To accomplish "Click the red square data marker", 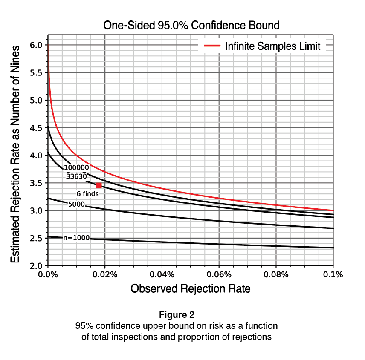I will click(x=99, y=185).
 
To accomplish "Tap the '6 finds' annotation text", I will click(x=88, y=194).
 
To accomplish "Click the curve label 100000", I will click(x=76, y=168).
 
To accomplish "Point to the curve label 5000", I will click(x=76, y=204).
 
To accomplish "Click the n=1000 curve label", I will click(x=76, y=238).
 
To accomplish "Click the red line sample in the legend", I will click(x=212, y=46).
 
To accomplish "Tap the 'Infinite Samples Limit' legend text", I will click(x=273, y=46).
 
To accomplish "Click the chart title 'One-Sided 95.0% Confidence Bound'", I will click(x=191, y=26).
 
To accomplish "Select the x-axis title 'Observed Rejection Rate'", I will click(x=190, y=289).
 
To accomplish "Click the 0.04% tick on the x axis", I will click(x=162, y=275).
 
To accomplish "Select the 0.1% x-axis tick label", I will click(x=333, y=275).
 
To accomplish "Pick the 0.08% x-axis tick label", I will click(x=276, y=275).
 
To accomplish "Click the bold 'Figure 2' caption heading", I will click(x=177, y=315).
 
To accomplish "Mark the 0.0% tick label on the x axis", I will click(x=48, y=275).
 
